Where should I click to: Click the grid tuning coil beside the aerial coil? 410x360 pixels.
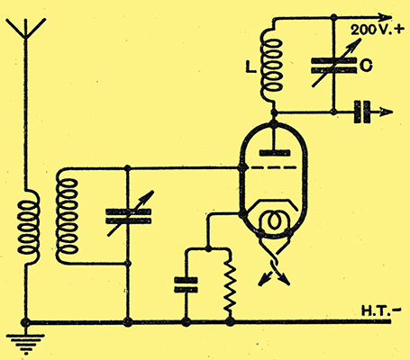67,216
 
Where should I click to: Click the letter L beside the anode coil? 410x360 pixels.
251,67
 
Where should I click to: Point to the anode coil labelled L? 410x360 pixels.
271,65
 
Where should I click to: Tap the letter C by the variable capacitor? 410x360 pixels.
366,65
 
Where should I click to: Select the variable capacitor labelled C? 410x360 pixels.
333,66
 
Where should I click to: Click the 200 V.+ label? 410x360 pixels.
378,30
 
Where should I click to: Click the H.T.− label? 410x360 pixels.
381,310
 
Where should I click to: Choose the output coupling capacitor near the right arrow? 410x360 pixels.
362,112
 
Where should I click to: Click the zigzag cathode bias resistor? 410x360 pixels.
230,286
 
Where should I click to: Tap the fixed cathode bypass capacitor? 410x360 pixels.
186,285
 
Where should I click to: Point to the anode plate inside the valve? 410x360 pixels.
275,153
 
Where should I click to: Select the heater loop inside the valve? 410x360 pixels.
273,222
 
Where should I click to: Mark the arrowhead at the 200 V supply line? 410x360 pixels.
385,17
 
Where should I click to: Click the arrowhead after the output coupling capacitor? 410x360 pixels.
387,112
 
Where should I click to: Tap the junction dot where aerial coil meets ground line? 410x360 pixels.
25,323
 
